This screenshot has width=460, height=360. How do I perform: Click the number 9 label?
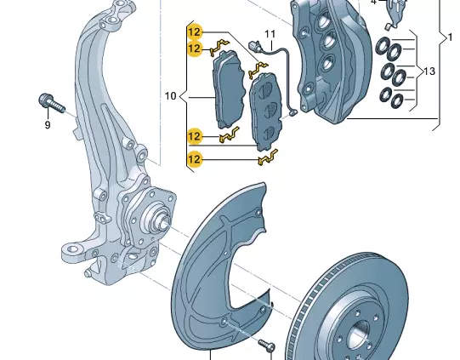(48, 125)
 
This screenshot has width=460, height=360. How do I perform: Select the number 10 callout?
(170, 96)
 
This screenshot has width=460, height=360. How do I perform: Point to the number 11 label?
(270, 35)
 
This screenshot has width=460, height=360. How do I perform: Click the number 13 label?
(429, 71)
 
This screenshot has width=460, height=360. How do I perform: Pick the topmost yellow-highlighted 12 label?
(195, 31)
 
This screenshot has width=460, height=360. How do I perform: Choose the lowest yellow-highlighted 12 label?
(195, 158)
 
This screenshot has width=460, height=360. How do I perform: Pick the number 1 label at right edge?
(450, 37)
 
